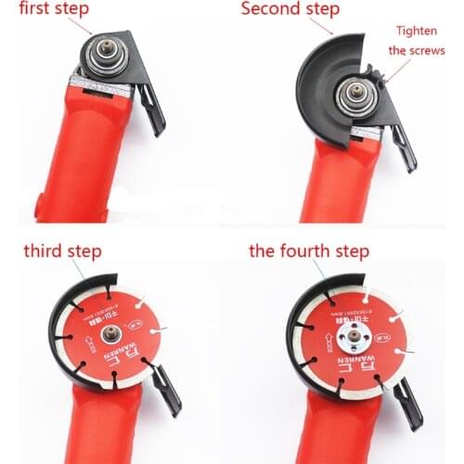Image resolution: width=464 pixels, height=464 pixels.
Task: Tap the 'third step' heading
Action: coord(62,251)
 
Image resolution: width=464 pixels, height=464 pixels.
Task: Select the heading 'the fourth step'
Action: coord(309,251)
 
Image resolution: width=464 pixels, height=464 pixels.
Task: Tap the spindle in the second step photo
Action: coord(356,95)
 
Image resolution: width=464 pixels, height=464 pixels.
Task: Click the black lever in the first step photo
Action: coord(152,110)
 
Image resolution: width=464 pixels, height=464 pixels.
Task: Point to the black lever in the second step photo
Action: coord(403,147)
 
